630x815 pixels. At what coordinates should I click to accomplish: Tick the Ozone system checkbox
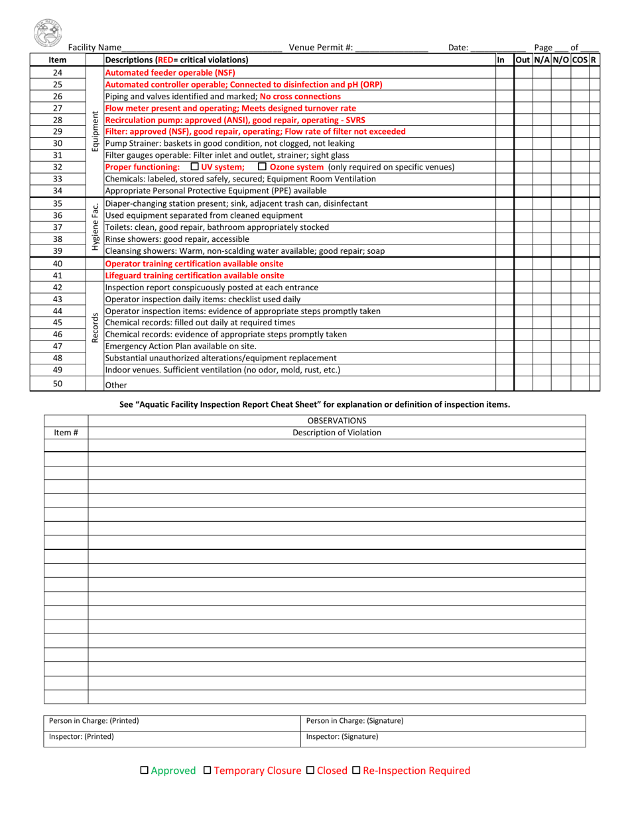pyautogui.click(x=262, y=166)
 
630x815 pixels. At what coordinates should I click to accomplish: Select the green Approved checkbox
pyautogui.click(x=145, y=770)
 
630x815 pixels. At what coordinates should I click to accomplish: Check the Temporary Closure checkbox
pyautogui.click(x=208, y=770)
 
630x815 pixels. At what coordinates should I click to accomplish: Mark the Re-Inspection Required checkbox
pyautogui.click(x=356, y=770)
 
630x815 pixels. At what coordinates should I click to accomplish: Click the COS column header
pyautogui.click(x=580, y=60)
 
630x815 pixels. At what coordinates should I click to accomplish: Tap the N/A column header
pyautogui.click(x=542, y=60)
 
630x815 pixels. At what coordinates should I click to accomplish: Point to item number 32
pyautogui.click(x=58, y=167)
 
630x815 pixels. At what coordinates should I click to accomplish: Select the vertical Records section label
pyautogui.click(x=95, y=327)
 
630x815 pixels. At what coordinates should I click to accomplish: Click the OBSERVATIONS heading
pyautogui.click(x=337, y=421)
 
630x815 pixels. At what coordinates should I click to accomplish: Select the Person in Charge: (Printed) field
pyautogui.click(x=171, y=721)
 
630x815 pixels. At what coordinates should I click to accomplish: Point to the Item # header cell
pyautogui.click(x=66, y=433)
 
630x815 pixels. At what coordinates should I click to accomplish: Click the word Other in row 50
pyautogui.click(x=116, y=385)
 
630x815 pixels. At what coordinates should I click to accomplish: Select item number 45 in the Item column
pyautogui.click(x=58, y=323)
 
